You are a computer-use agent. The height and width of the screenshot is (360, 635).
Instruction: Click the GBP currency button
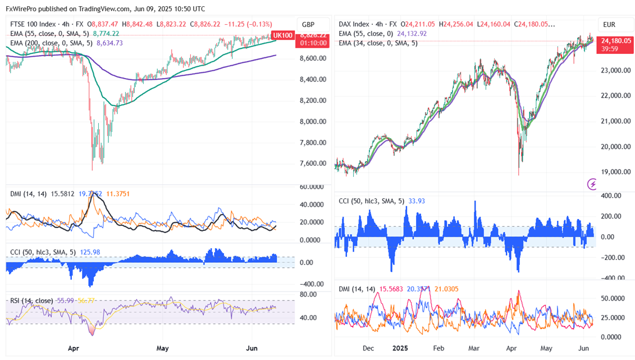[308, 25]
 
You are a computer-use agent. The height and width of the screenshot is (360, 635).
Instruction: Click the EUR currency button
[609, 25]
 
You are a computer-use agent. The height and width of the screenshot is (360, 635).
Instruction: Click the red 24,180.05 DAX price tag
[616, 40]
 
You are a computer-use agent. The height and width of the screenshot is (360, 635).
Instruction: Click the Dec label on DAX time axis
[368, 348]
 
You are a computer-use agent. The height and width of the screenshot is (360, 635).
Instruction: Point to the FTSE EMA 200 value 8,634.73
[110, 43]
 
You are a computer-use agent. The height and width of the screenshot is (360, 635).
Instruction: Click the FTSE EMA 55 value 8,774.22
[107, 34]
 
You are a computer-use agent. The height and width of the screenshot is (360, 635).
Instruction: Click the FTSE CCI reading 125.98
[89, 252]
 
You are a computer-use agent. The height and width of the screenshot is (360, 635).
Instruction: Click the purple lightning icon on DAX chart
[592, 184]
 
